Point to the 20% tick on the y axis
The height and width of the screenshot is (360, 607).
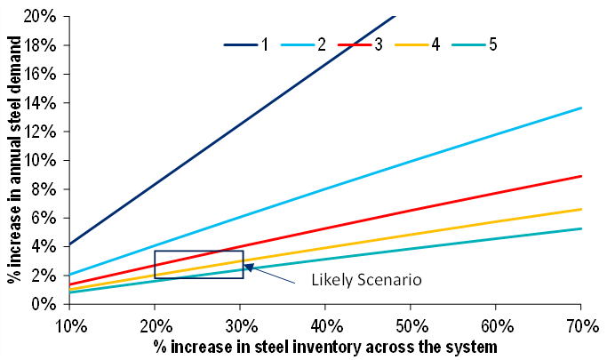pos(43,17)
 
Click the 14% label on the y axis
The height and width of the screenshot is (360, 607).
pos(43,103)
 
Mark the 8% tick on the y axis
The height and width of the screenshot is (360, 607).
pos(43,189)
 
